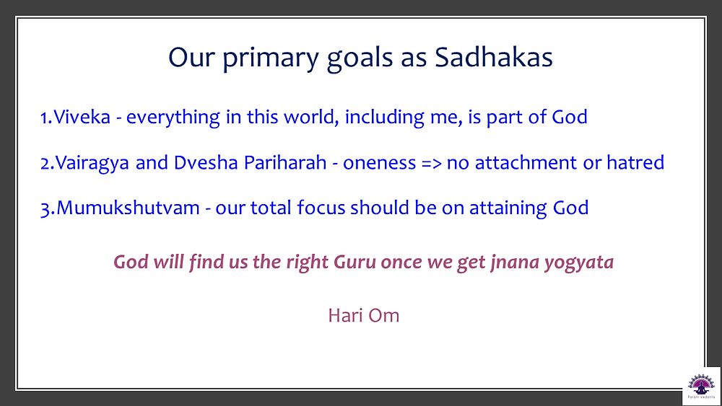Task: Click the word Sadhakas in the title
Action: tap(494, 58)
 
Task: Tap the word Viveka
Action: tap(82, 117)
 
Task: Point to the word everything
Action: tap(173, 118)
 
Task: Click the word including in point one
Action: tap(385, 118)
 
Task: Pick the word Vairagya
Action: tap(92, 164)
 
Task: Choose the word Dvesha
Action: tap(205, 162)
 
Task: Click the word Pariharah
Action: tap(285, 162)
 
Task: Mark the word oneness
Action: tap(380, 164)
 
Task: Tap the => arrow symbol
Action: tap(432, 164)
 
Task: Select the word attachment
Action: tap(526, 163)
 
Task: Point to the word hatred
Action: tap(635, 162)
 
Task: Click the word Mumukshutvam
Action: tap(128, 208)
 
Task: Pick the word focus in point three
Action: tap(321, 208)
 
